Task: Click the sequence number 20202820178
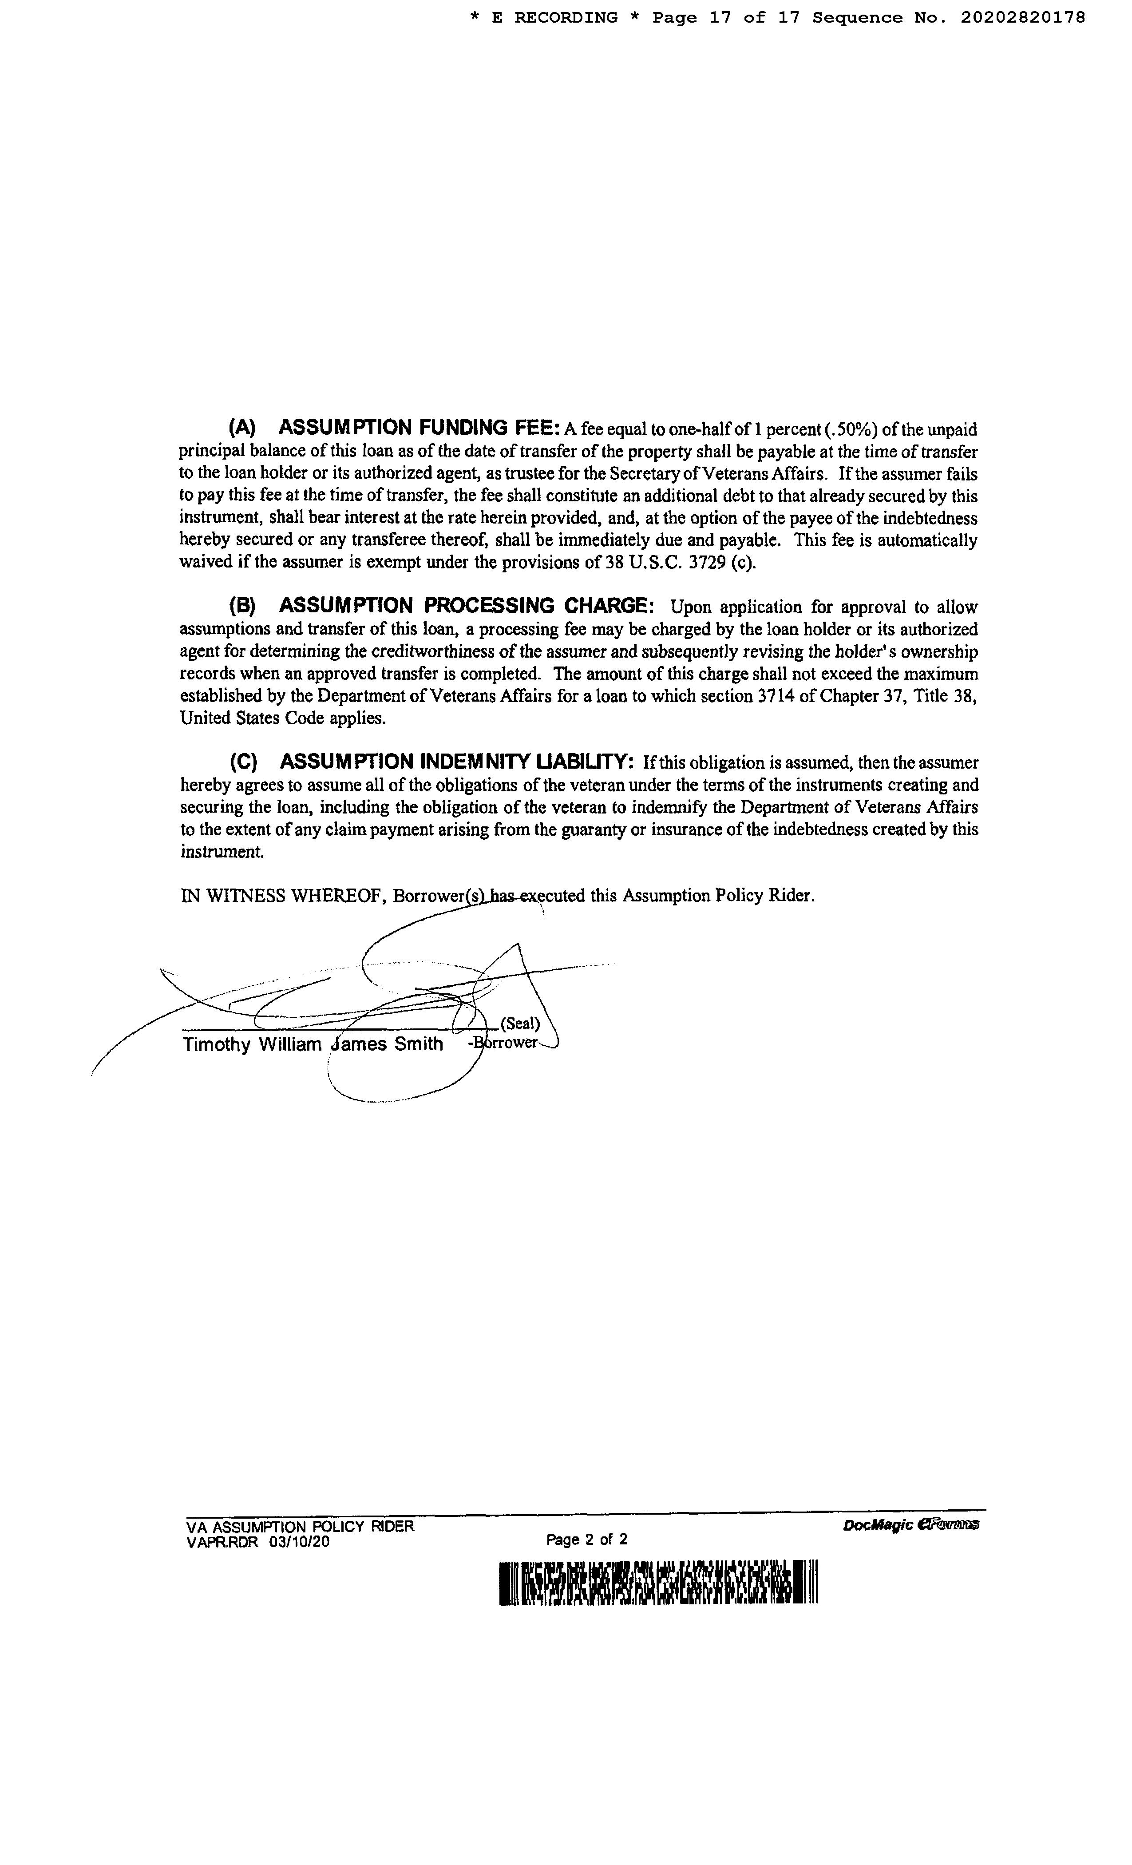coord(1023,17)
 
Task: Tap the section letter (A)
coord(242,428)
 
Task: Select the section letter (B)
coord(242,606)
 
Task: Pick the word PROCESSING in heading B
coord(489,606)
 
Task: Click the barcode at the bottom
coord(658,1582)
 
